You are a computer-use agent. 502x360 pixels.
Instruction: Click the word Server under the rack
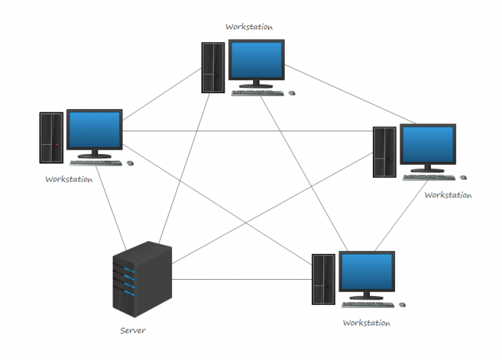click(133, 331)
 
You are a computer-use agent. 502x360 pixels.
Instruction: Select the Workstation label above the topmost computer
click(249, 27)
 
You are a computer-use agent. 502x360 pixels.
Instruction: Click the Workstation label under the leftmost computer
click(69, 179)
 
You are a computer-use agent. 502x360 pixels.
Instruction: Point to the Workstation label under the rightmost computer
click(447, 194)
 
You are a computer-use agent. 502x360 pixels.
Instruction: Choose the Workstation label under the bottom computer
click(366, 323)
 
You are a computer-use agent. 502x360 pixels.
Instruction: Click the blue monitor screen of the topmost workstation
click(257, 62)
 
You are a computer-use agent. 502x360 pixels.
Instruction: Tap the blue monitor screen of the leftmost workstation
click(94, 131)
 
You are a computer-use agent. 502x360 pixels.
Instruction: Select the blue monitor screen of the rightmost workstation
click(427, 146)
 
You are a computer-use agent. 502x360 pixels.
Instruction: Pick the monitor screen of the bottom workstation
click(366, 273)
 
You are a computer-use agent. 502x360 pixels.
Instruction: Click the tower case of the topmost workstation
click(214, 67)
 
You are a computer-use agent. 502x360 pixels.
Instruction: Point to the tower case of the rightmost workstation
click(384, 151)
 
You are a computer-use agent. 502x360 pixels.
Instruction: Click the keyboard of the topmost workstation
click(262, 93)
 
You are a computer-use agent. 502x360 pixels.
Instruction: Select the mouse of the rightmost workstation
click(463, 177)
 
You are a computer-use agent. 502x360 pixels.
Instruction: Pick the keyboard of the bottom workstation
click(371, 304)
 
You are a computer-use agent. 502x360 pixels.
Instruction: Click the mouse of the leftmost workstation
click(130, 163)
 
